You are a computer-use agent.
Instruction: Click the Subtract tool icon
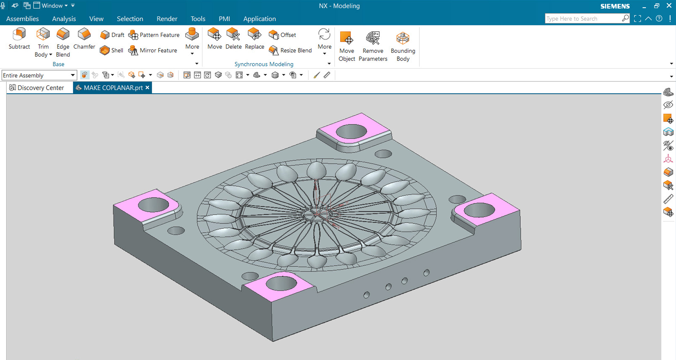tap(19, 35)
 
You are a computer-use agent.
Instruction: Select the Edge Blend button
tap(63, 35)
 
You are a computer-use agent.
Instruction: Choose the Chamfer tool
tap(84, 35)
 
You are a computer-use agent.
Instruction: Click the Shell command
tap(112, 50)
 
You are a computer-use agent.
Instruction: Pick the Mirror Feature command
tap(153, 50)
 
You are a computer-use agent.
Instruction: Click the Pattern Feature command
tap(154, 35)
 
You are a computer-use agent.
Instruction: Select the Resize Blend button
tap(290, 50)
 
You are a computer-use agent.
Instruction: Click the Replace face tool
tap(254, 35)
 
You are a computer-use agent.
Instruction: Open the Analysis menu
tap(64, 19)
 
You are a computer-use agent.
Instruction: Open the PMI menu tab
tap(224, 19)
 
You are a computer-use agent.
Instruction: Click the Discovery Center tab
tap(37, 88)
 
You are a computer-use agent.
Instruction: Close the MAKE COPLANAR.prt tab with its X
tap(148, 88)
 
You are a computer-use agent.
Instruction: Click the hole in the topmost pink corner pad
tap(351, 132)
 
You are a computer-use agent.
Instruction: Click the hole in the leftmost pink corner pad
tap(154, 205)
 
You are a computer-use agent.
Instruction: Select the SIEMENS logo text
tap(615, 6)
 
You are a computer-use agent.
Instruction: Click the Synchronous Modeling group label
tap(264, 64)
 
